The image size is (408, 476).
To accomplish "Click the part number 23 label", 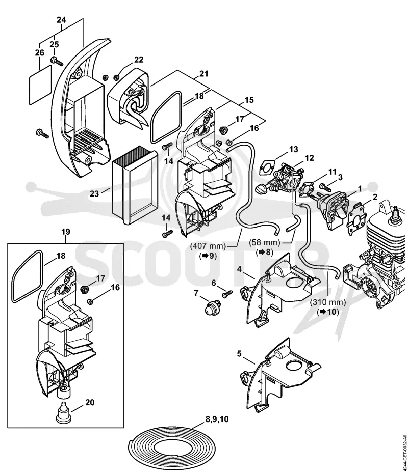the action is [x=94, y=193].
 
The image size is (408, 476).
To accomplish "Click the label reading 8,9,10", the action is [x=217, y=419].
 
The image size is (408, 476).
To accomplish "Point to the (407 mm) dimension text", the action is [x=208, y=246].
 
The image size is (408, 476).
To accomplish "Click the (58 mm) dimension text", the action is [x=265, y=242].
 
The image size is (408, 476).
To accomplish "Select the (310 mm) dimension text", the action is [x=328, y=303].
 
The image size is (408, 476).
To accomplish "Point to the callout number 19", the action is [x=66, y=232].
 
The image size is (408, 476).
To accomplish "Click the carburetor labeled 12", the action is [x=287, y=178].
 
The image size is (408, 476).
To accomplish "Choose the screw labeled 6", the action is [x=227, y=294].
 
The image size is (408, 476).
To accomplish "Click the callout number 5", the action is [x=239, y=354].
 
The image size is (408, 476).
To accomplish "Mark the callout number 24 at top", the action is [x=61, y=20].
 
